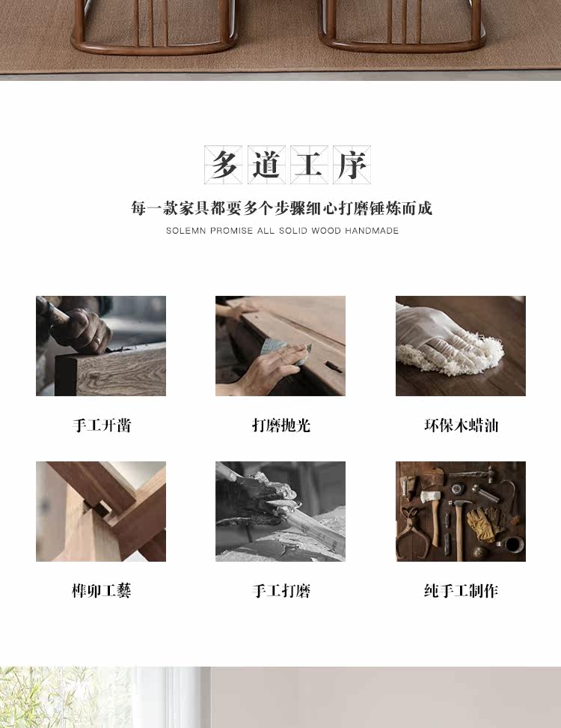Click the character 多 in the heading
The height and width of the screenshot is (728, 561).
pos(224,164)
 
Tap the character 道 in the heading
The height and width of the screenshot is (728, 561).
pos(266,164)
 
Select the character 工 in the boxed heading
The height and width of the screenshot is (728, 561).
pos(309,164)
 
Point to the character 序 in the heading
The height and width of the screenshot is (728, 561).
pos(352,164)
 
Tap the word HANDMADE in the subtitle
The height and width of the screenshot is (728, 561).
pos(371,231)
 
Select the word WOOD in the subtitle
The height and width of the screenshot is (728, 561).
pos(326,231)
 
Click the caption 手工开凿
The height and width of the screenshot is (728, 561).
pos(102,425)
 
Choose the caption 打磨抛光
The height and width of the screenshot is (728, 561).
pos(281,425)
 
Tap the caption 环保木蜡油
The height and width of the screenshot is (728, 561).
pos(461,425)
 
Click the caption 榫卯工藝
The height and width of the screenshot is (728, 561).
pos(102,591)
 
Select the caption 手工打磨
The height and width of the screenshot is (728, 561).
pos(281,591)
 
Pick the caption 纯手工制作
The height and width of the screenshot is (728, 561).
pos(461,591)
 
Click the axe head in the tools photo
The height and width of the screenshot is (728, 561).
pos(430,497)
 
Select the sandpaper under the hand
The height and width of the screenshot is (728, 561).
pos(283,350)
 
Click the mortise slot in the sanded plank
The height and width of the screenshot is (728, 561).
pos(334,367)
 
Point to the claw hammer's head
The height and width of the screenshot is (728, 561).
pos(459,503)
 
